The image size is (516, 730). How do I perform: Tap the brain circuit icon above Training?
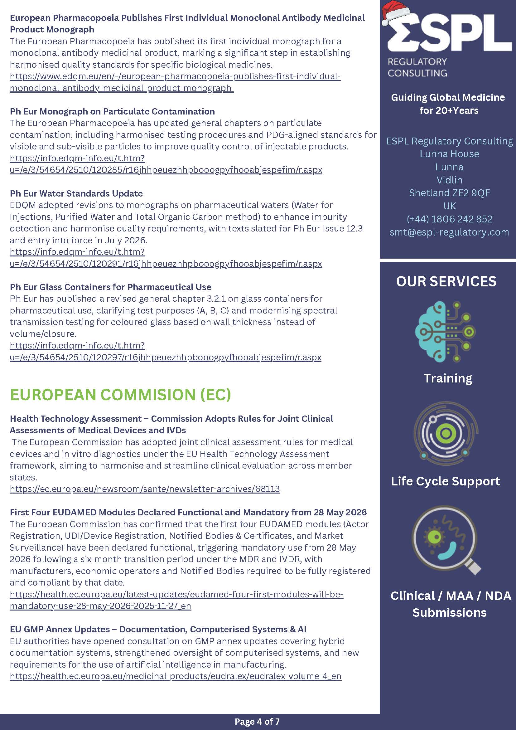click(x=445, y=332)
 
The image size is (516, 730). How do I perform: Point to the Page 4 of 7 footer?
click(x=257, y=721)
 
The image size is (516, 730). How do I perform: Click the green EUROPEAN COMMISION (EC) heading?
click(x=120, y=395)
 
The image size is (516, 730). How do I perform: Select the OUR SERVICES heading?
click(x=446, y=281)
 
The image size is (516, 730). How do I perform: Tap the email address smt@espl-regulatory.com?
click(x=449, y=232)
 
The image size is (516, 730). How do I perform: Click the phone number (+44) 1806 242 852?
click(x=449, y=219)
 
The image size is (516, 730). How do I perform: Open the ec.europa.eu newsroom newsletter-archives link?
click(x=145, y=489)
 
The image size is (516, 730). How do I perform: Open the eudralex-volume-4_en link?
click(x=176, y=676)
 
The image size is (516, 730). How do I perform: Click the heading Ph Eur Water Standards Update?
click(x=76, y=193)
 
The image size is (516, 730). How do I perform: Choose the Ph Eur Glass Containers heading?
click(x=111, y=287)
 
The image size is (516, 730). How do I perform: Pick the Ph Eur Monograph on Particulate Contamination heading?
click(x=112, y=111)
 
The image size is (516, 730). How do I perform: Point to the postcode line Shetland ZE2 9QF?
click(x=449, y=193)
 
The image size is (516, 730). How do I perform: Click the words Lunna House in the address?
click(x=449, y=154)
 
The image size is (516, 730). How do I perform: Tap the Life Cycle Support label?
click(x=446, y=481)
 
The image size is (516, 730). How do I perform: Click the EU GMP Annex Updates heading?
click(x=158, y=629)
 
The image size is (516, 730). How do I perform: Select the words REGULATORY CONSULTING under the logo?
click(x=417, y=67)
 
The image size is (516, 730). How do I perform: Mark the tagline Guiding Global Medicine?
click(x=448, y=97)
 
